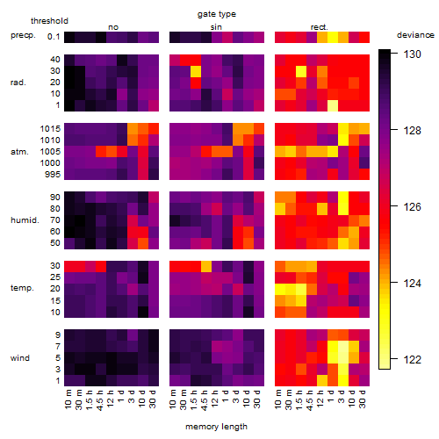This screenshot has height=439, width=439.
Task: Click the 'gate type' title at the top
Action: pyautogui.click(x=217, y=14)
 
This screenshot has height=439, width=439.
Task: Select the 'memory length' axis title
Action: pyautogui.click(x=216, y=427)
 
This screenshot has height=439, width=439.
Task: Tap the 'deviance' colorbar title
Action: pyautogui.click(x=415, y=35)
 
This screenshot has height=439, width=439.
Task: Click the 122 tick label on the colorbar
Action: pyautogui.click(x=412, y=360)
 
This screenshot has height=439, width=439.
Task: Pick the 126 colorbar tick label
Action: pyautogui.click(x=412, y=207)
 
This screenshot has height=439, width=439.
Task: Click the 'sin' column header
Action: pyautogui.click(x=216, y=27)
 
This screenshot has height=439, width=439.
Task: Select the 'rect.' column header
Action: pyautogui.click(x=319, y=27)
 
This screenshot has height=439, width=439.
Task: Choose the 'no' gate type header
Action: pyautogui.click(x=113, y=27)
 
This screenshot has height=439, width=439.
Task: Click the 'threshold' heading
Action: pyautogui.click(x=49, y=21)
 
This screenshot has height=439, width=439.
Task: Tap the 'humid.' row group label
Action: pyautogui.click(x=25, y=220)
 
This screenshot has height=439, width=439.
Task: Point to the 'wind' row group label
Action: pyautogui.click(x=20, y=358)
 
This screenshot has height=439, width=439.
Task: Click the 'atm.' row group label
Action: pyautogui.click(x=19, y=152)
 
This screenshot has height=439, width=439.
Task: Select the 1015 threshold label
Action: pyautogui.click(x=50, y=129)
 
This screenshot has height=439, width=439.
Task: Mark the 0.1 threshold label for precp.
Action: pyautogui.click(x=54, y=37)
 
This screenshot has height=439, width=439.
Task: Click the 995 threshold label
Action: pyautogui.click(x=53, y=175)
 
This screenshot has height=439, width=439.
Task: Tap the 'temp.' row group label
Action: pyautogui.click(x=22, y=288)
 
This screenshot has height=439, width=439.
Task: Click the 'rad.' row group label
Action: pyautogui.click(x=18, y=83)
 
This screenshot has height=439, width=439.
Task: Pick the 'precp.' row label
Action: pyautogui.click(x=23, y=35)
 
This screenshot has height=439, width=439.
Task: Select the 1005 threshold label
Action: pyautogui.click(x=50, y=152)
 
